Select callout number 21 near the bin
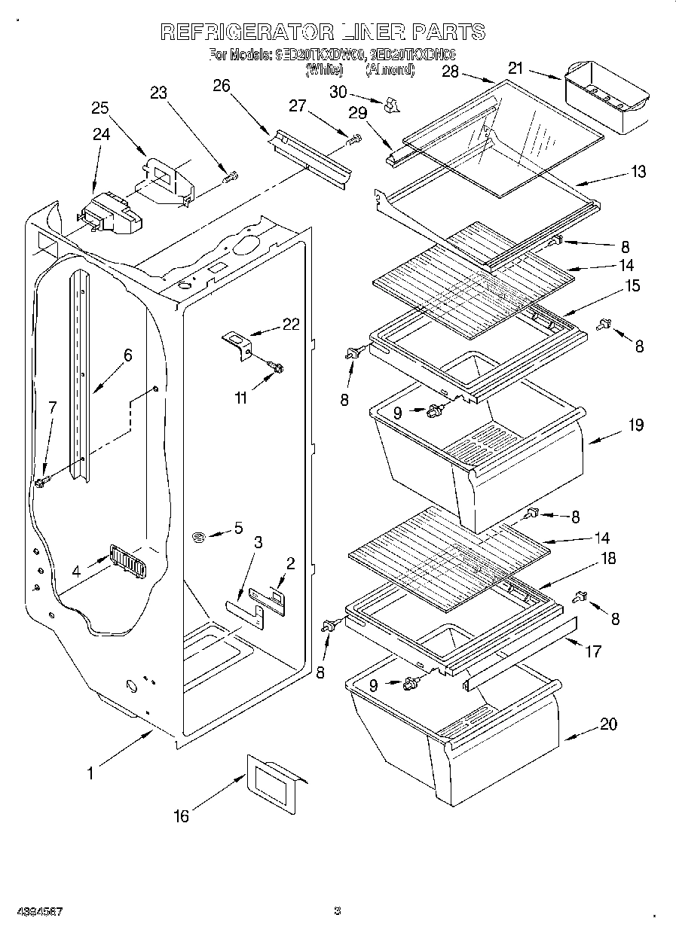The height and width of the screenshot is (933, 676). tap(515, 69)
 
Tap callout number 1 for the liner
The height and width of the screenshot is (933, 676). tap(90, 773)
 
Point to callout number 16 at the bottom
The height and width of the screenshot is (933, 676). tap(181, 816)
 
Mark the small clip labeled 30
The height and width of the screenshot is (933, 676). tap(390, 105)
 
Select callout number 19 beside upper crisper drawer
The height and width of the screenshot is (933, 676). tap(635, 425)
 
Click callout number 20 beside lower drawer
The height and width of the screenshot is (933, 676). tap(608, 724)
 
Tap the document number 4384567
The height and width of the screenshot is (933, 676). tap(36, 911)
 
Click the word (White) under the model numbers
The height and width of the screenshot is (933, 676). tap(324, 70)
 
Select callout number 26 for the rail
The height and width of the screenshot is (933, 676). tap(221, 86)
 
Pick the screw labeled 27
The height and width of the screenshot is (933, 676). tap(353, 139)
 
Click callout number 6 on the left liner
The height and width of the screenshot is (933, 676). tap(127, 355)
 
